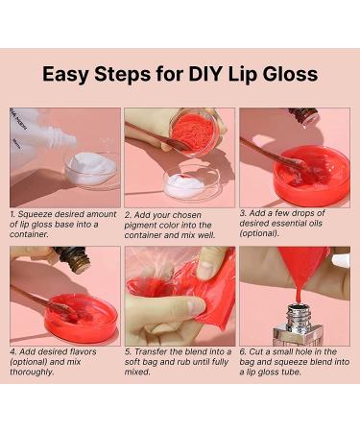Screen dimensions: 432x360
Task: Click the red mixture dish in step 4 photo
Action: pos(82,318)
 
